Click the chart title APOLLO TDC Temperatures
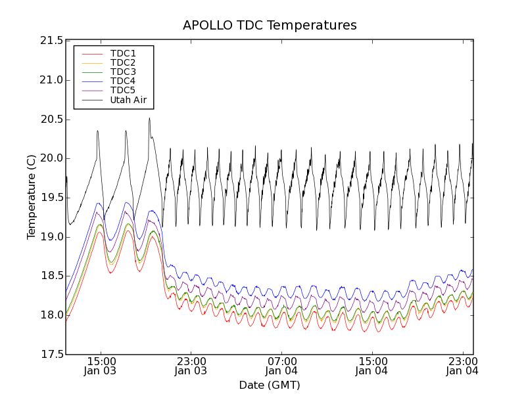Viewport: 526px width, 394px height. click(270, 26)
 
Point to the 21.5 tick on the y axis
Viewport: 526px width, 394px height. click(51, 41)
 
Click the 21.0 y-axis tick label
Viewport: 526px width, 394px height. click(51, 80)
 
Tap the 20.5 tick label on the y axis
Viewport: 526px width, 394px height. click(51, 120)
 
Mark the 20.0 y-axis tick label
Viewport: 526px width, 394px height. click(51, 158)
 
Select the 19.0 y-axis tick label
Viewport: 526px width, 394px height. click(51, 237)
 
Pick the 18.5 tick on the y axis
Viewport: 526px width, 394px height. click(51, 276)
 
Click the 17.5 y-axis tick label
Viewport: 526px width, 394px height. click(51, 355)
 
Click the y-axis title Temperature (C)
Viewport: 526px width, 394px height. click(32, 197)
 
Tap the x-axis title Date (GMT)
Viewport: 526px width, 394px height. click(270, 385)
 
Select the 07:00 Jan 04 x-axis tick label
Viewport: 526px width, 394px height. click(281, 366)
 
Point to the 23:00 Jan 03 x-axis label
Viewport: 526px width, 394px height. click(191, 366)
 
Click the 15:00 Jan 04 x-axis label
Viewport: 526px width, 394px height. click(372, 366)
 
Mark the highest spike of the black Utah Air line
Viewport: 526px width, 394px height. click(149, 118)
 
